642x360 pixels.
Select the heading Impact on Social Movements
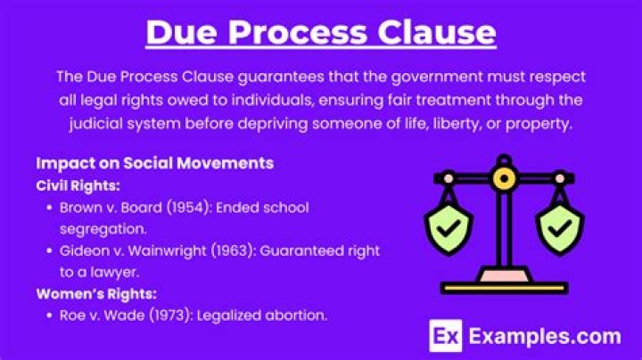click(x=154, y=164)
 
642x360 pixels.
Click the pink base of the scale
click(x=505, y=277)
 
